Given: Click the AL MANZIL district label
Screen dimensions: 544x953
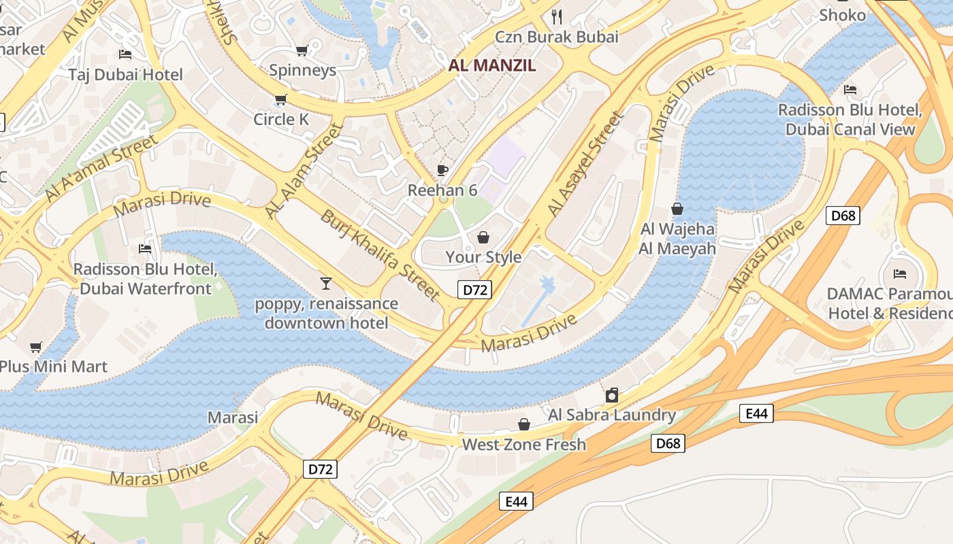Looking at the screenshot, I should (x=492, y=65).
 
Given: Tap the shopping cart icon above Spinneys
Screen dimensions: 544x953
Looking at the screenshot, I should (x=302, y=50).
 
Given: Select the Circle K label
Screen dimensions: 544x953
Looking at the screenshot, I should (x=281, y=120).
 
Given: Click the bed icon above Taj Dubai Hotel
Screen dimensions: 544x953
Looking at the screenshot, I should (x=125, y=54).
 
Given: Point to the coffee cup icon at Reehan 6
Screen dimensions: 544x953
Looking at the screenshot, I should (x=442, y=170).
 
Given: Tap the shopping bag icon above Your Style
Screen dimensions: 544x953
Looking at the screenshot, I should (x=483, y=237).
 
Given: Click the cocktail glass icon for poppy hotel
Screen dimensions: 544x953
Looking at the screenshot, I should (x=326, y=283).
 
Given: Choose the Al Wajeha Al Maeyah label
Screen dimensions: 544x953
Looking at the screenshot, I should (x=677, y=239).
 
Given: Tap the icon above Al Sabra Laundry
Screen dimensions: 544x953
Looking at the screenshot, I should (x=612, y=395).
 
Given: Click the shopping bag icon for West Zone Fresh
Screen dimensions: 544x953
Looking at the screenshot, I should (x=524, y=425).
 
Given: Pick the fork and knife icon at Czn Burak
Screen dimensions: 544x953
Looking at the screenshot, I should (x=557, y=16).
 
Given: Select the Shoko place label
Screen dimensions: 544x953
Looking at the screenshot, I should (x=842, y=15).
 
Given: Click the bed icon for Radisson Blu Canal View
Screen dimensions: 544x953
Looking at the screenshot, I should (x=850, y=90).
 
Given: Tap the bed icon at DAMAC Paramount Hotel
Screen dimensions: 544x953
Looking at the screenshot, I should (x=900, y=274).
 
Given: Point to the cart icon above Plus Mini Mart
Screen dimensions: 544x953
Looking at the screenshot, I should (x=36, y=347).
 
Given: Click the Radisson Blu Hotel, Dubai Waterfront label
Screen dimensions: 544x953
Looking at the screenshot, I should (x=146, y=279).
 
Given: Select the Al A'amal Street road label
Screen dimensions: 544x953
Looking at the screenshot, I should (x=102, y=168).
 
